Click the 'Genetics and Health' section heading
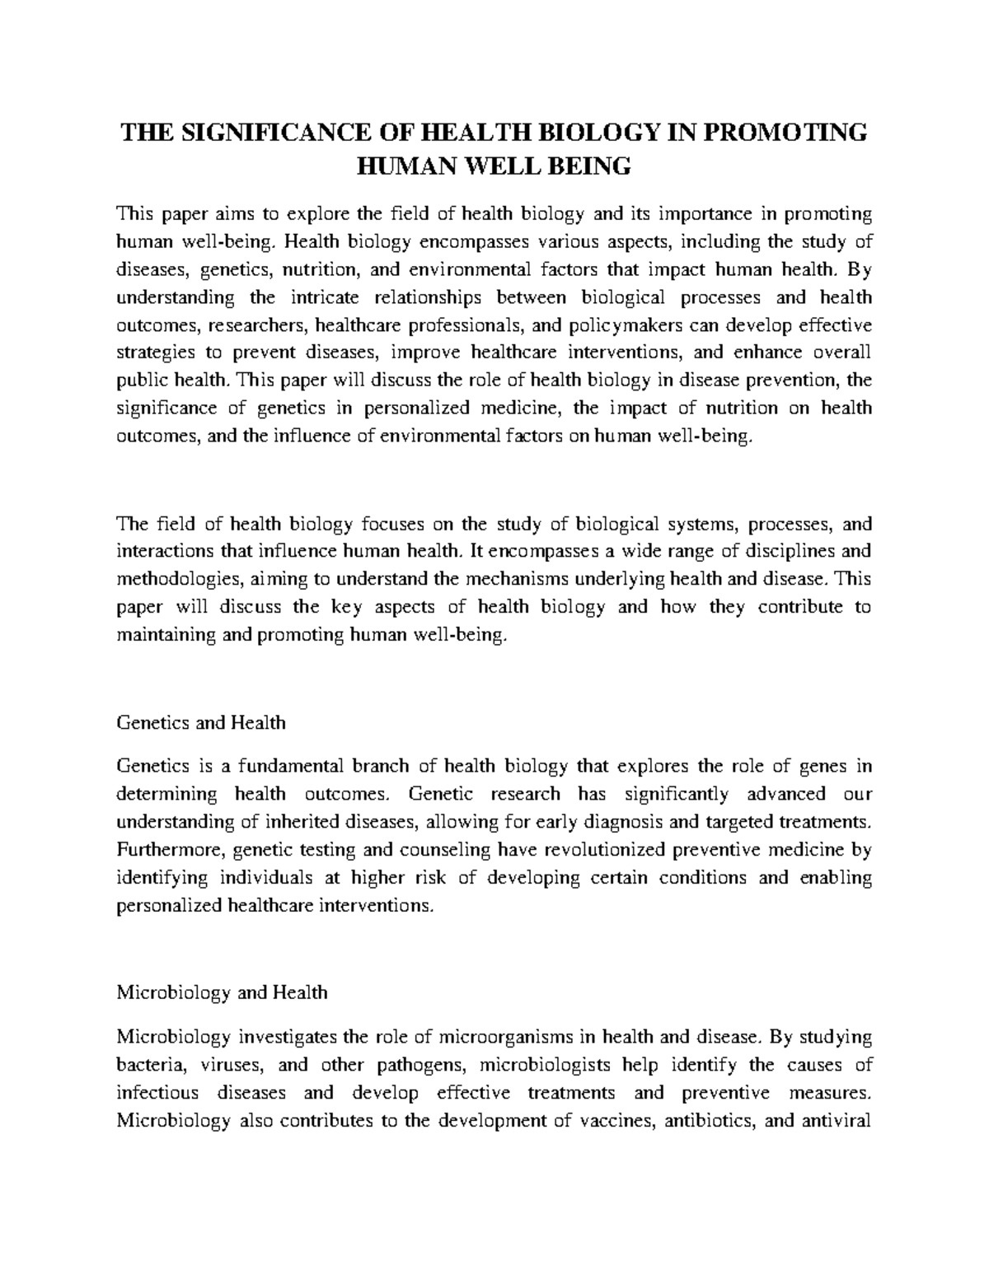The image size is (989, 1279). (201, 723)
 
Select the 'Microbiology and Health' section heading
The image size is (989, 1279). (222, 992)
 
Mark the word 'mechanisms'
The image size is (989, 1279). (527, 579)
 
